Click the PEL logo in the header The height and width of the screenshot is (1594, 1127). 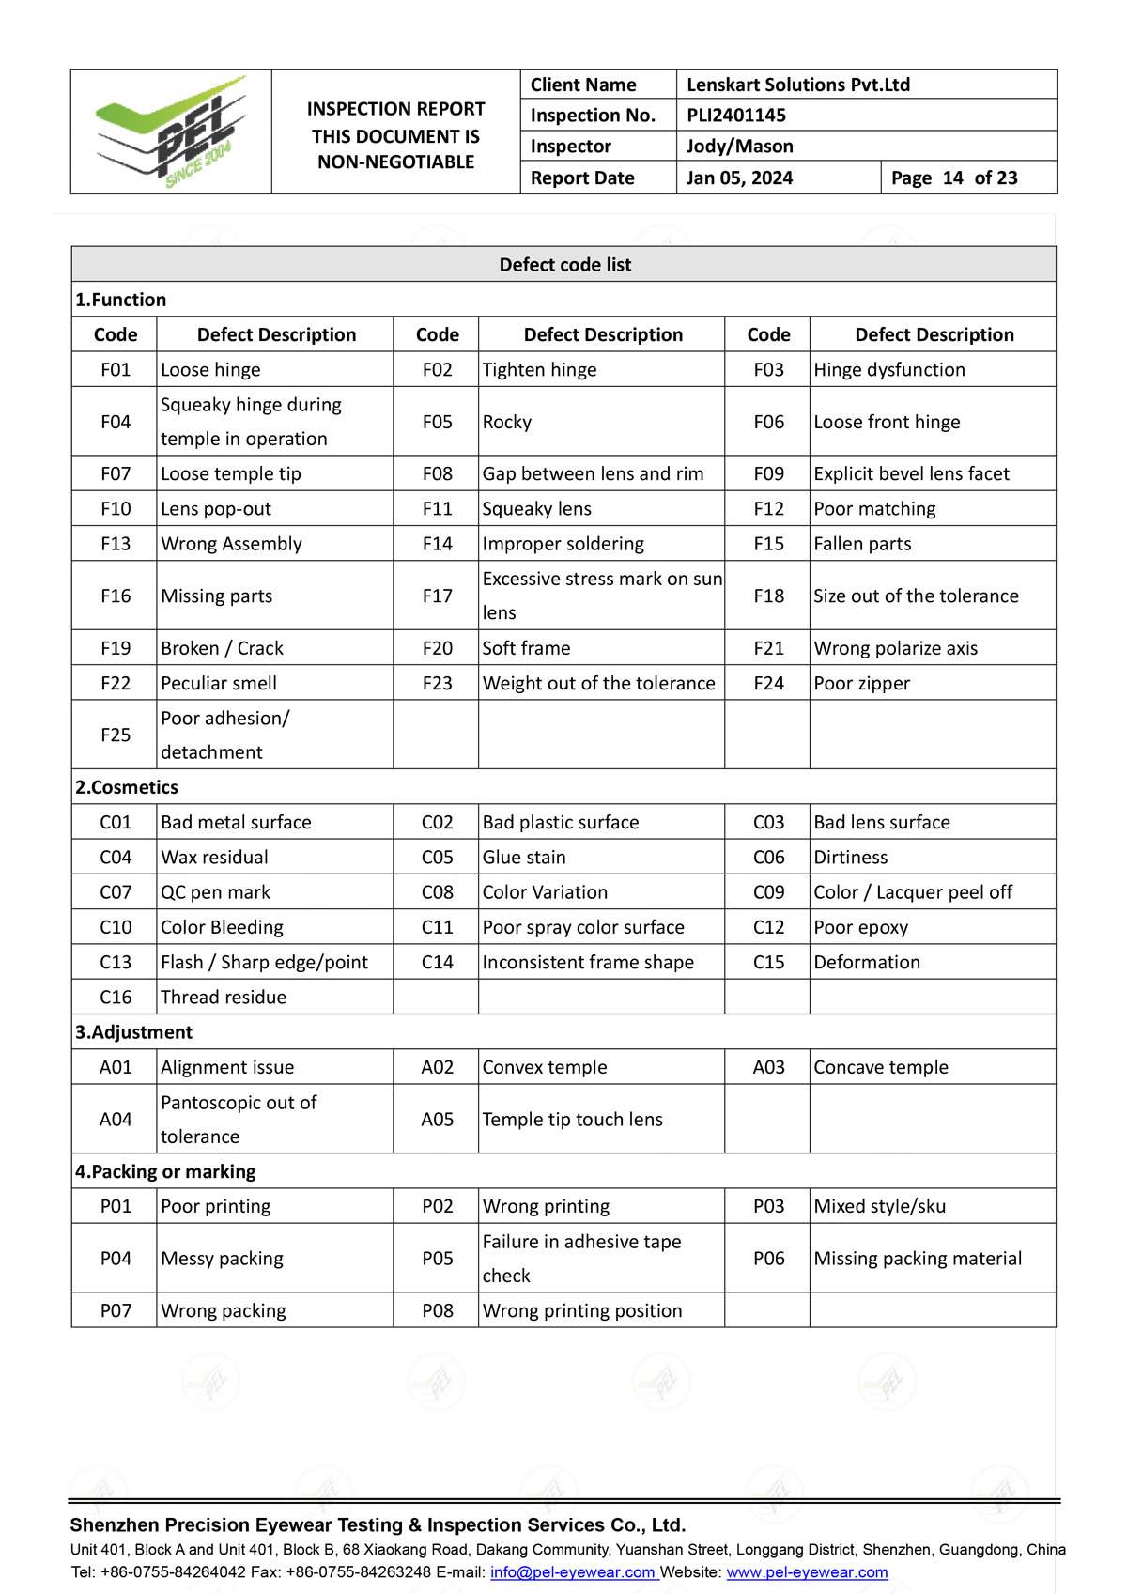tap(171, 132)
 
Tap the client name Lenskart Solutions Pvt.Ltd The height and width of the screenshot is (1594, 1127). tap(798, 85)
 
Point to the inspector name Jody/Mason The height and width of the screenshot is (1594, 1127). tap(740, 147)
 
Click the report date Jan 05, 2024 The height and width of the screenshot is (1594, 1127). tap(740, 178)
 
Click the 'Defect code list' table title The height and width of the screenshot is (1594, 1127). tap(564, 265)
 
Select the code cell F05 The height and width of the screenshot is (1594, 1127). tap(437, 422)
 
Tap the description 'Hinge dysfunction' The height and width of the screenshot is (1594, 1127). tap(889, 370)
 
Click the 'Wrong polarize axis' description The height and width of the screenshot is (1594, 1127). tap(895, 648)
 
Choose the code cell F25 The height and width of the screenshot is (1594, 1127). tap(116, 735)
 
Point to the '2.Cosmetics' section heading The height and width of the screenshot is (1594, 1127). tap(127, 787)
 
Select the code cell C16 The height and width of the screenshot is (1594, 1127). tap(116, 998)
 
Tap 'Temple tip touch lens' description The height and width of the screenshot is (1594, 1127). tap(573, 1120)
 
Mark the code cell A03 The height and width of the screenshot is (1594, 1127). tap(768, 1067)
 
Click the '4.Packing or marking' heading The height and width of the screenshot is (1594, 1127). tap(165, 1171)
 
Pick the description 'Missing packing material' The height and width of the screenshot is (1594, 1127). tap(918, 1259)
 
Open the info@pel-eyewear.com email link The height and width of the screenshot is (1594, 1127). tap(572, 1572)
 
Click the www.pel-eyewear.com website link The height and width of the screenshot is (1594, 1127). tap(807, 1572)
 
